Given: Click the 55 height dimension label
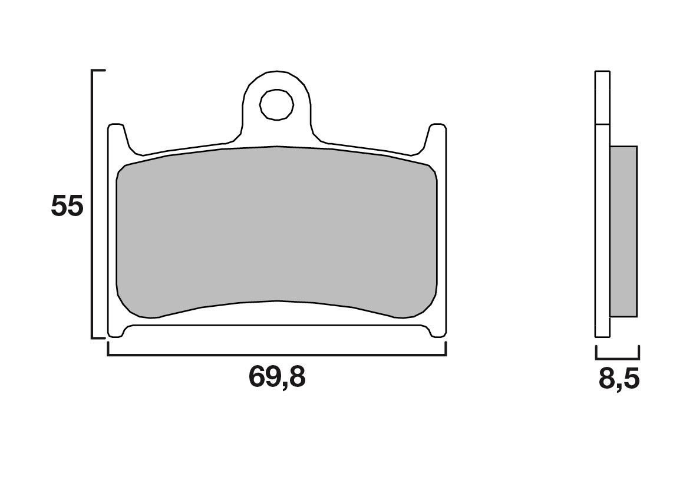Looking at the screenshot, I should tap(67, 207).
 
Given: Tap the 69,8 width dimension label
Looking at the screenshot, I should tap(277, 377).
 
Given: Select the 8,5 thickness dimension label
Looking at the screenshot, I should tap(619, 380).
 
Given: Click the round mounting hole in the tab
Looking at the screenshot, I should tap(277, 105).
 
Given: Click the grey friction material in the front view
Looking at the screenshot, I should tap(277, 230).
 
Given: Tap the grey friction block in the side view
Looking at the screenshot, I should tap(624, 231).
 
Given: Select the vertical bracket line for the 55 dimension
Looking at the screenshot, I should tap(93, 204).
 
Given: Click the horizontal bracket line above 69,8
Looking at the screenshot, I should tap(277, 355).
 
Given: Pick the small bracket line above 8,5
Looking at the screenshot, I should tap(618, 358).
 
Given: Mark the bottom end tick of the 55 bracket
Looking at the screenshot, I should tap(98, 338).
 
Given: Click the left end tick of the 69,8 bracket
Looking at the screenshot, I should tap(108, 349).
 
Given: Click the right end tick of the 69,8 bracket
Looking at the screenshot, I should tap(446, 349).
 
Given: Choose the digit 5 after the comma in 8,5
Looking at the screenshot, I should tap(631, 380).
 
